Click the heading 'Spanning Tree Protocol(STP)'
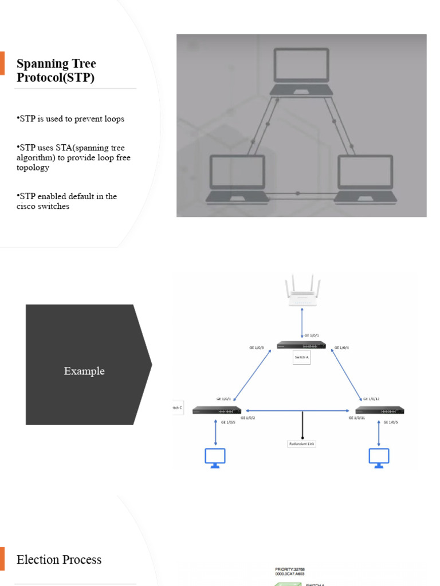56,70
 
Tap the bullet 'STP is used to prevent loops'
71,119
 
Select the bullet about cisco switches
67,201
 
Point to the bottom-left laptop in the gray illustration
237,179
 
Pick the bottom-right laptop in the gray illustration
366,179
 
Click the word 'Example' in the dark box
84,371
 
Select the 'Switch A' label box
301,357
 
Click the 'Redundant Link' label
301,444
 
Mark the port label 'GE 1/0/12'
371,399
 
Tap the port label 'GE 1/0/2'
247,418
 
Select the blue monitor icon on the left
215,458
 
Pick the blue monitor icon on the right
379,458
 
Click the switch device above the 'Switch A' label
301,345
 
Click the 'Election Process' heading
59,560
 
